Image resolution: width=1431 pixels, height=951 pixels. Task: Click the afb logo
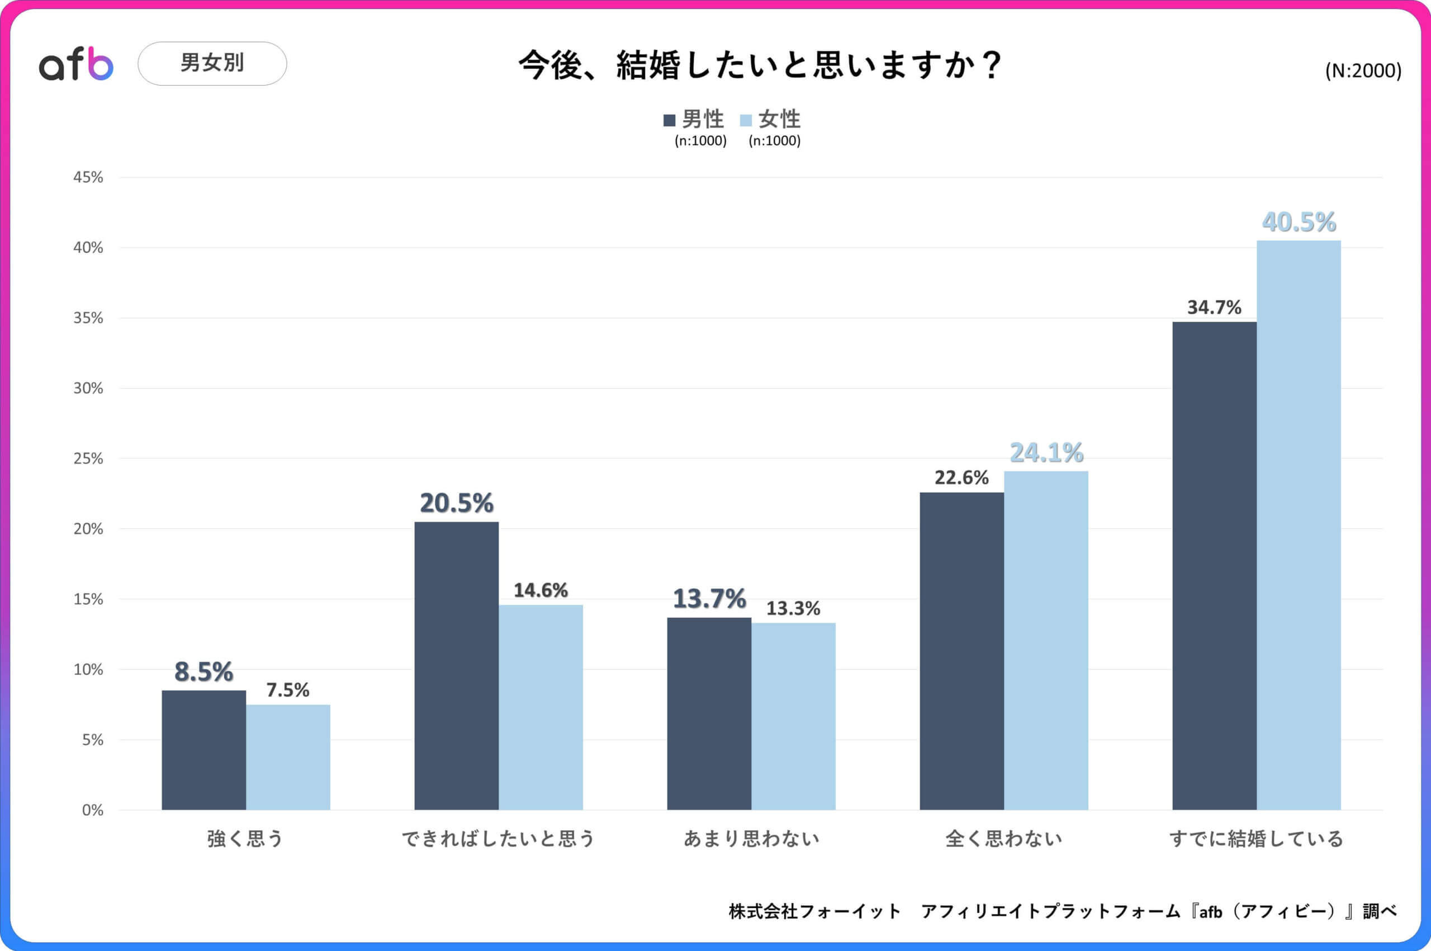(x=76, y=64)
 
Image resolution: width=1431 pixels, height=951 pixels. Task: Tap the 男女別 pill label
(x=212, y=63)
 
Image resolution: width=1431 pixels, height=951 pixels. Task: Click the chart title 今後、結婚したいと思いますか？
(x=760, y=65)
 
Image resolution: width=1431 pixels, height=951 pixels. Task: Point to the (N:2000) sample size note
(x=1362, y=71)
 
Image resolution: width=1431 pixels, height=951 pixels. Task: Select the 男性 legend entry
(x=695, y=120)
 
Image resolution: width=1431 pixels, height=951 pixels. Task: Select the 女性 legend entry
(x=771, y=120)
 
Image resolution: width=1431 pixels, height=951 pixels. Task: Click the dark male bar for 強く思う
(x=203, y=750)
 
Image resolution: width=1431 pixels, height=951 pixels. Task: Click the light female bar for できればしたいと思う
(x=541, y=707)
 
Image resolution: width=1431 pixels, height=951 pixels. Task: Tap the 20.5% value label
(x=456, y=503)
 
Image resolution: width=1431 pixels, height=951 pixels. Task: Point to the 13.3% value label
(x=793, y=608)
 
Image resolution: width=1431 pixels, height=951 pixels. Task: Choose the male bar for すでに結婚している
(x=1214, y=565)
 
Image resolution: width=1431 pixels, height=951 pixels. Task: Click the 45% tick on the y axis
(x=88, y=177)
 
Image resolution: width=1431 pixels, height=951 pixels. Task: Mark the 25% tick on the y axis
(x=88, y=458)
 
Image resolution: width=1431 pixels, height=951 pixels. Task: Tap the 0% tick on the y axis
(x=92, y=810)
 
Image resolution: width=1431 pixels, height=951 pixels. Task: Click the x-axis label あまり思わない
(x=751, y=839)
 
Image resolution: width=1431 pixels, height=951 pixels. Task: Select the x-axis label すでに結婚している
(x=1256, y=839)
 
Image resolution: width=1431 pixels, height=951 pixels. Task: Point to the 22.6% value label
(x=961, y=477)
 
